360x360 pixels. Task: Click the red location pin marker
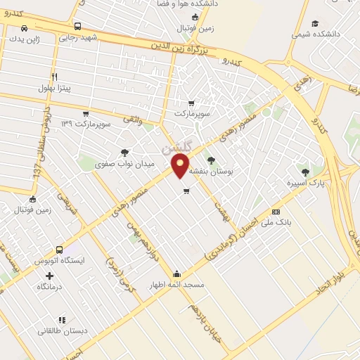coord(181,165)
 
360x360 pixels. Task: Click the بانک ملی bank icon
coord(276,212)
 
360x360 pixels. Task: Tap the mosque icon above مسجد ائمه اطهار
coord(176,274)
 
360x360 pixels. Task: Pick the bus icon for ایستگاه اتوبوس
coord(59,250)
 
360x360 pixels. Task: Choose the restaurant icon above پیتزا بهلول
coord(55,77)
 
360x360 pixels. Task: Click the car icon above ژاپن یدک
coord(25,28)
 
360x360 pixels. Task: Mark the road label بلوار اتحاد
coord(332,278)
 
